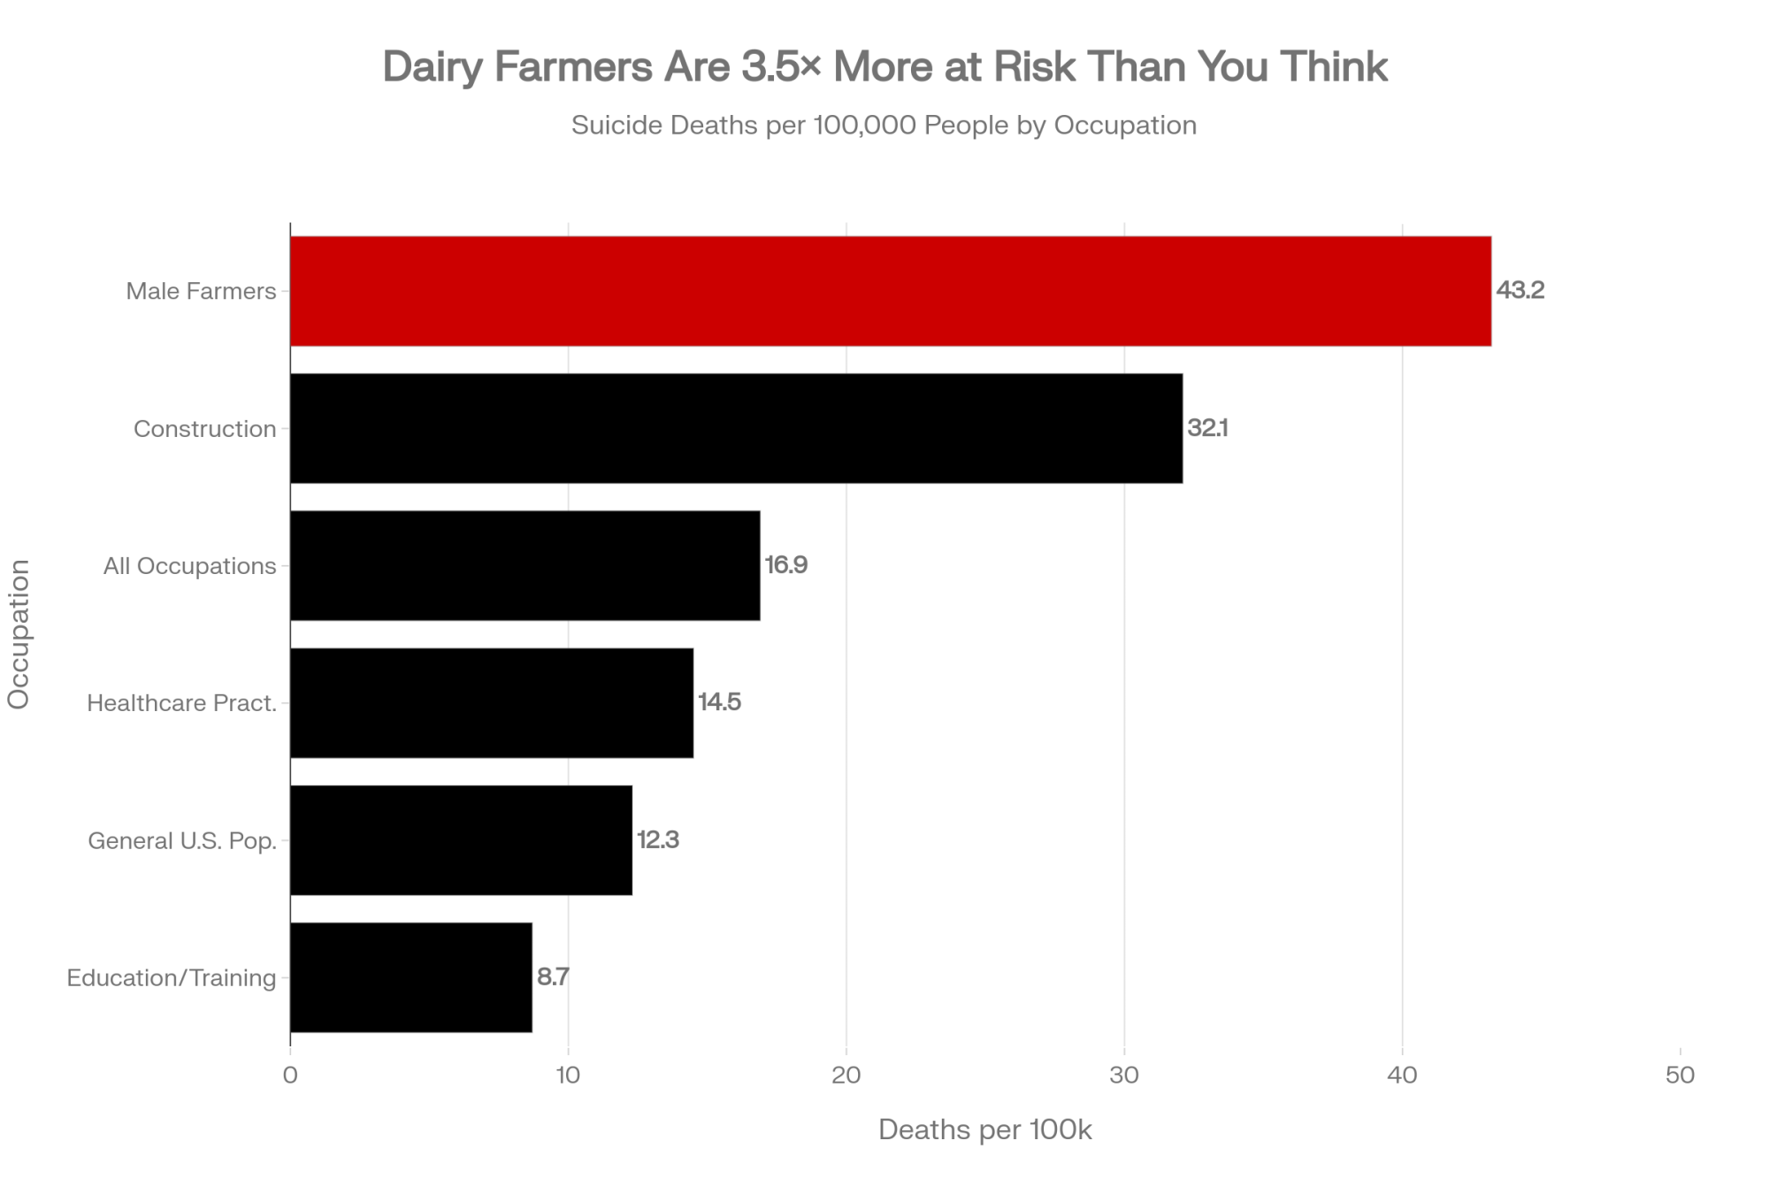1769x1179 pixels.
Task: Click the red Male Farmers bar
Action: point(890,291)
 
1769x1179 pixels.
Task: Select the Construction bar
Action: point(736,428)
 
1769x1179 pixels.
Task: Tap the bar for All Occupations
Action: point(525,565)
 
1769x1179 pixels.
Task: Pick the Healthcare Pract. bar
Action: point(492,702)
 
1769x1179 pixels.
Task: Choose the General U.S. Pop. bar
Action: point(461,840)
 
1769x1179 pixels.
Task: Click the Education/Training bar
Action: point(411,977)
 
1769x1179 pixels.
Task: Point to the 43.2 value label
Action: point(1520,291)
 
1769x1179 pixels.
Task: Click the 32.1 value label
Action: point(1207,428)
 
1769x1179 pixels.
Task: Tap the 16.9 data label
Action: point(785,565)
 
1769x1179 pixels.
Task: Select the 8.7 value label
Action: point(553,977)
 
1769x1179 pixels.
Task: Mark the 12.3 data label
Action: point(657,840)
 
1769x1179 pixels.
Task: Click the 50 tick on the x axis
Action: point(1680,1076)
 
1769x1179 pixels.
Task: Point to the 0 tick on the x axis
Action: point(290,1076)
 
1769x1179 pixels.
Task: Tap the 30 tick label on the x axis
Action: point(1124,1076)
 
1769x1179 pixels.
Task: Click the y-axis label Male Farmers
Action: point(201,291)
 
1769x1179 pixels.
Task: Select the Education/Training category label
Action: point(172,977)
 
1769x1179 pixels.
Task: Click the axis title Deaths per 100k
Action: point(984,1129)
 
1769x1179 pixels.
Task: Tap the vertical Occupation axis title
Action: point(19,634)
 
